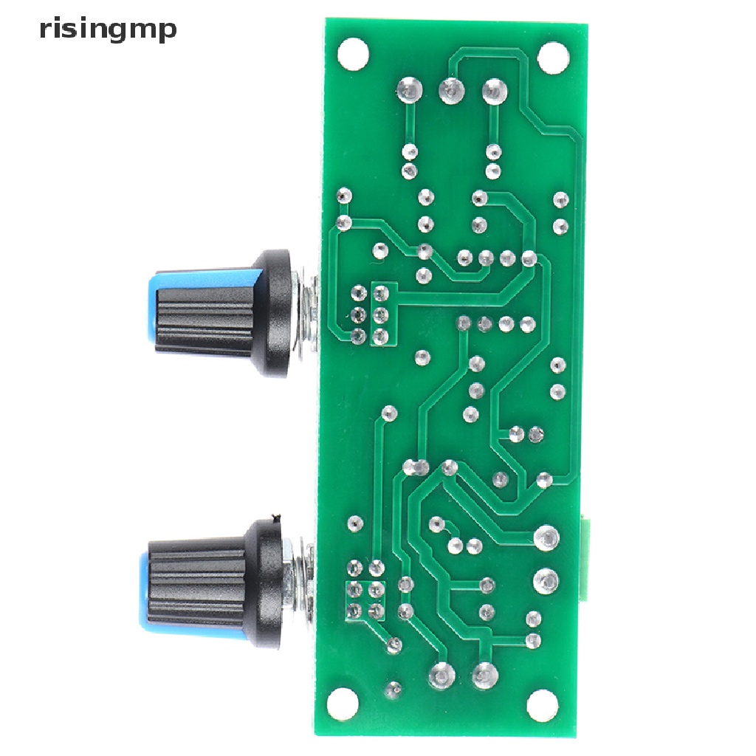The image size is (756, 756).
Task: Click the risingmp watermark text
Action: coord(108,30)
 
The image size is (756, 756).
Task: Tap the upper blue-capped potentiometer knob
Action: coord(219,312)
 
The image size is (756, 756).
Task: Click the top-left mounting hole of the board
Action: coord(354,53)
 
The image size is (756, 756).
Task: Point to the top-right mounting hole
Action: coord(553,58)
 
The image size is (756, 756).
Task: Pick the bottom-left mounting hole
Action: coord(343,705)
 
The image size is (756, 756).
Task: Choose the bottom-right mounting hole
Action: coord(543,707)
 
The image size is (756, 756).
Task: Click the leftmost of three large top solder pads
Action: coord(409,89)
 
